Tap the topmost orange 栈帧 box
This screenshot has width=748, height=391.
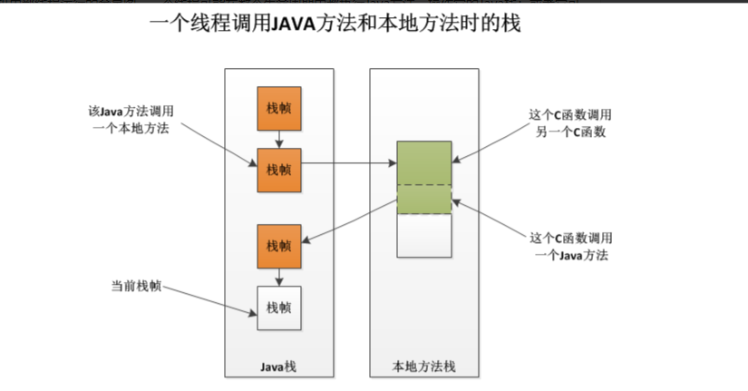click(x=278, y=108)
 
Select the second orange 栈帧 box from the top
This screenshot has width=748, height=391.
click(x=278, y=169)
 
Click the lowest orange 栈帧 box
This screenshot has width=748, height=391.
click(x=278, y=246)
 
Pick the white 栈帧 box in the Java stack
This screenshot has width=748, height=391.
click(x=278, y=308)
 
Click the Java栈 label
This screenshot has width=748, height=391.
click(x=278, y=366)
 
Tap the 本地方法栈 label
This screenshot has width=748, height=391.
click(x=423, y=366)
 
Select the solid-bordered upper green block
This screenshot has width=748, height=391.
click(x=423, y=163)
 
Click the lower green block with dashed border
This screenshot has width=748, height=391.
click(x=423, y=200)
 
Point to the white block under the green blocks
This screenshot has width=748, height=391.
click(x=423, y=236)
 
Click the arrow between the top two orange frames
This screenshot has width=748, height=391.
click(x=278, y=138)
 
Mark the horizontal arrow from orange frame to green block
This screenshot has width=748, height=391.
click(x=349, y=164)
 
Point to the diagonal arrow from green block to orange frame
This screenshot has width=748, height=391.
click(x=349, y=221)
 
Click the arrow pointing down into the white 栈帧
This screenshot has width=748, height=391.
click(x=278, y=277)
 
